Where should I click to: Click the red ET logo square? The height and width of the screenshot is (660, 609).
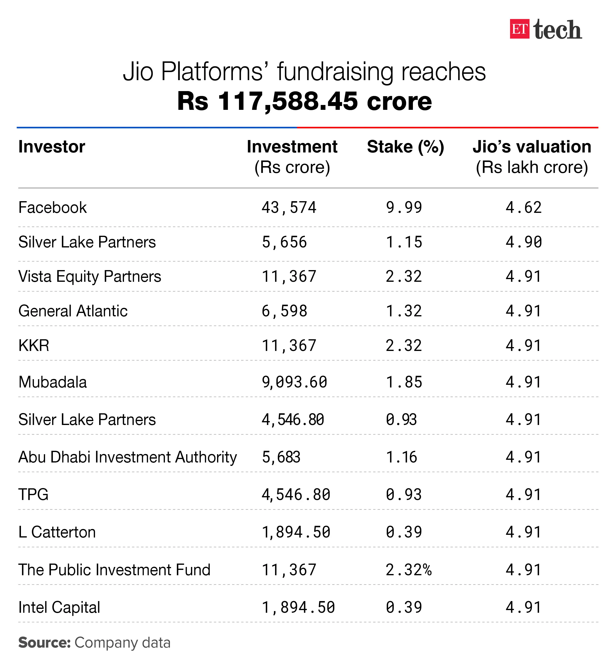(x=519, y=29)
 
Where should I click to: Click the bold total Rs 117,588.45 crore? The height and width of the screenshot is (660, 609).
(x=304, y=101)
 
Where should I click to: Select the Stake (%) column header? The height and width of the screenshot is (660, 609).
(x=405, y=147)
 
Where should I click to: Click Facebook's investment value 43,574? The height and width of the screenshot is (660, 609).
(x=289, y=207)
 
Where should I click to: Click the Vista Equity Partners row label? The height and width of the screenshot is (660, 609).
(x=90, y=276)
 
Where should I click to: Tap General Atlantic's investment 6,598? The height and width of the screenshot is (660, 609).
(x=284, y=311)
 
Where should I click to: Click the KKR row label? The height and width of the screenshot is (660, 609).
(x=34, y=346)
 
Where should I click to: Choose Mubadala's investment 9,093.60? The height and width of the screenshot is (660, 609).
(x=294, y=382)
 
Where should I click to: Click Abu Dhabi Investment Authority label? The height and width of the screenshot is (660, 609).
(x=128, y=457)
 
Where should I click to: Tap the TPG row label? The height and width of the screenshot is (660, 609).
(x=33, y=495)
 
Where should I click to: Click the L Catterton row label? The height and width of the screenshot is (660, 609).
(x=57, y=532)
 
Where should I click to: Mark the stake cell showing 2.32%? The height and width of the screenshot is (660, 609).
(x=408, y=570)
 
